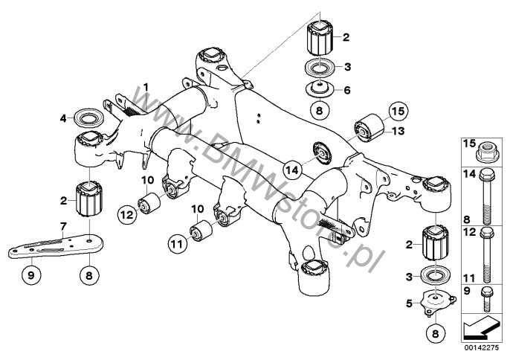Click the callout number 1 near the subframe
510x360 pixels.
146,88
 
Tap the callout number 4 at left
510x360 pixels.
65,116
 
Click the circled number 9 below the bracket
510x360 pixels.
31,276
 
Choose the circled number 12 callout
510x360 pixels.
126,215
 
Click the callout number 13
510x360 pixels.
398,132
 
